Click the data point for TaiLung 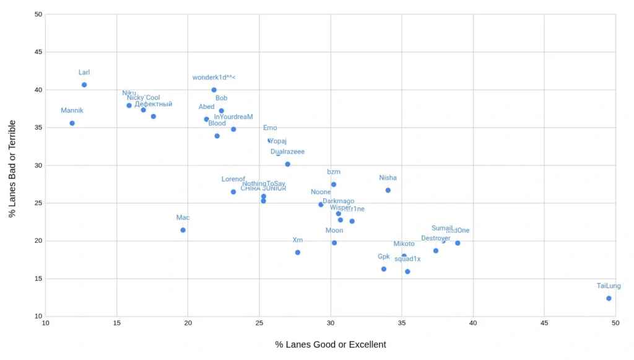pyautogui.click(x=609, y=298)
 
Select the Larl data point pyautogui.click(x=84, y=85)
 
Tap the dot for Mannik pyautogui.click(x=72, y=123)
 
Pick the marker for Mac pyautogui.click(x=183, y=230)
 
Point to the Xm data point pyautogui.click(x=298, y=252)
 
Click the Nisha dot pyautogui.click(x=388, y=190)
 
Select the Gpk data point pyautogui.click(x=384, y=269)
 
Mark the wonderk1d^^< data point pyautogui.click(x=214, y=90)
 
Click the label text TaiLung pyautogui.click(x=609, y=286)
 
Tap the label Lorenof pyautogui.click(x=233, y=179)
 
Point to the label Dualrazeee pyautogui.click(x=287, y=152)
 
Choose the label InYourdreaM pyautogui.click(x=233, y=116)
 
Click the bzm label pyautogui.click(x=334, y=172)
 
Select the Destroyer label pyautogui.click(x=436, y=238)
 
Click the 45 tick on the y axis pyautogui.click(x=39, y=53)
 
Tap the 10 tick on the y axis pyautogui.click(x=39, y=316)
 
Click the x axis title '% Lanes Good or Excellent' pyautogui.click(x=331, y=345)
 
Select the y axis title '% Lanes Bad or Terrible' pyautogui.click(x=12, y=169)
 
